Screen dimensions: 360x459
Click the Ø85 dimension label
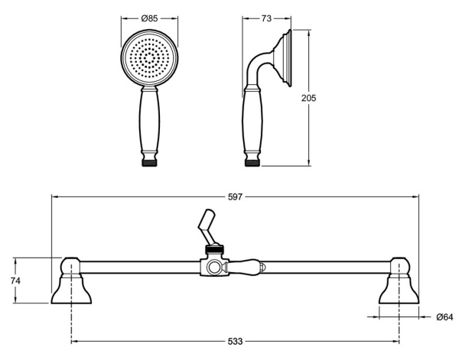pos(150,16)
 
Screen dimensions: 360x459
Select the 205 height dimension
pos(309,98)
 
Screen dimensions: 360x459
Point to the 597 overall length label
pos(235,196)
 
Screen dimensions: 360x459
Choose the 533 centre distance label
pos(235,340)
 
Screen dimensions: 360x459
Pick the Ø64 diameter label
pos(444,316)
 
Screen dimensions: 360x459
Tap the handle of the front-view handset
pos(150,122)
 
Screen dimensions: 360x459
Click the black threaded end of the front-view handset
pos(150,162)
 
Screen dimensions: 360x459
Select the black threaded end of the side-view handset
pos(253,162)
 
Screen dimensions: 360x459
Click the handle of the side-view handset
pos(253,122)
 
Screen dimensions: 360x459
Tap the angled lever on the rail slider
pos(207,225)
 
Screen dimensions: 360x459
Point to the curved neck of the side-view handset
pos(260,69)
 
